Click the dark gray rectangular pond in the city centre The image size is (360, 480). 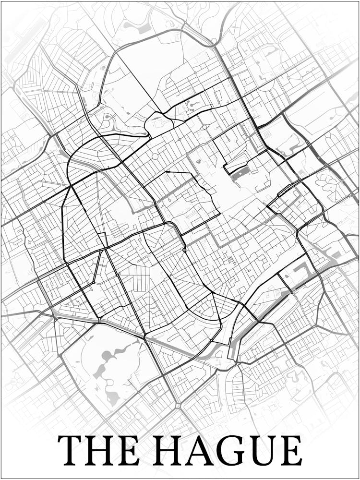coord(240,173)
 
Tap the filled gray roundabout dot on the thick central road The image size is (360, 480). coord(184,250)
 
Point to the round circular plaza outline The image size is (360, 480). coord(155,156)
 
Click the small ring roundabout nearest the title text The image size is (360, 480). coord(178,406)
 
